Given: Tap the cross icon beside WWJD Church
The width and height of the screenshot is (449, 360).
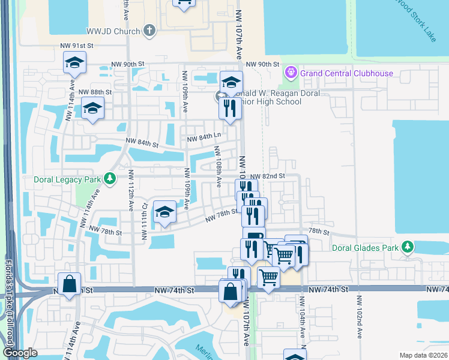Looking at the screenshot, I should [149, 31].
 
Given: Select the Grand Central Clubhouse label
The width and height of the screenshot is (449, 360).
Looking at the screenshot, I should [347, 74].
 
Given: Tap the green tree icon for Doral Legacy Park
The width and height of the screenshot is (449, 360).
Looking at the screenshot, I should [109, 178].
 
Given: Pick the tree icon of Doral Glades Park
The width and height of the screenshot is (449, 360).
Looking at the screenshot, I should [408, 247].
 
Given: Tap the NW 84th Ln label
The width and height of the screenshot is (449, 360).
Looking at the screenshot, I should [200, 139].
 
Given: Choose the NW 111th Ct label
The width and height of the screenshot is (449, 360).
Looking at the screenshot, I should [144, 220].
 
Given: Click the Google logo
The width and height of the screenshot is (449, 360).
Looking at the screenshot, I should [20, 353].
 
